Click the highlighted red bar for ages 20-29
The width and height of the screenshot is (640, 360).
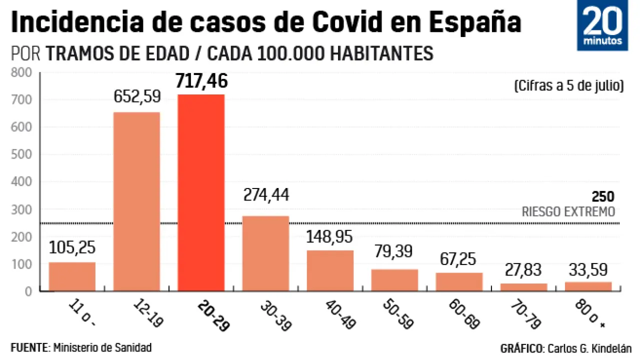201,192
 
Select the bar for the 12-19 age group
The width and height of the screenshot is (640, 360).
136,201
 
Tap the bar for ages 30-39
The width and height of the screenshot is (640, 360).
265,253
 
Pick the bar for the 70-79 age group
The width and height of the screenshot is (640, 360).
523,287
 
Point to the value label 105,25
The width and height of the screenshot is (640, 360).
72,247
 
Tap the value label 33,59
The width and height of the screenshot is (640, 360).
588,270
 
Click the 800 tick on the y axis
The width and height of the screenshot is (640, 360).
22,73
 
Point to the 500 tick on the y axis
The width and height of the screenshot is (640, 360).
22,154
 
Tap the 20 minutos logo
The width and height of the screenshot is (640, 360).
602,25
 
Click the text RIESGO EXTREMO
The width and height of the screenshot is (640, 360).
568,212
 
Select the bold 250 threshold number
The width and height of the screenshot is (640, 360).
602,197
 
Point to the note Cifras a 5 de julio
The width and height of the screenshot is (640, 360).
568,86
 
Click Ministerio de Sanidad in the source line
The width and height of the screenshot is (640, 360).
102,347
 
